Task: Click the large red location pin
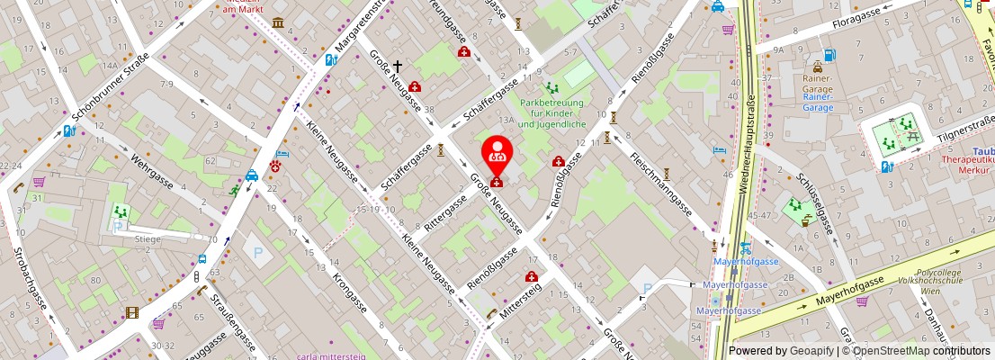pos(496,156)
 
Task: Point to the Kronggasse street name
pos(350,292)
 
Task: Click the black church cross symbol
pos(397,67)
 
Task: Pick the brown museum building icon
pos(277,22)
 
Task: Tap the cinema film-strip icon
pos(133,312)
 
